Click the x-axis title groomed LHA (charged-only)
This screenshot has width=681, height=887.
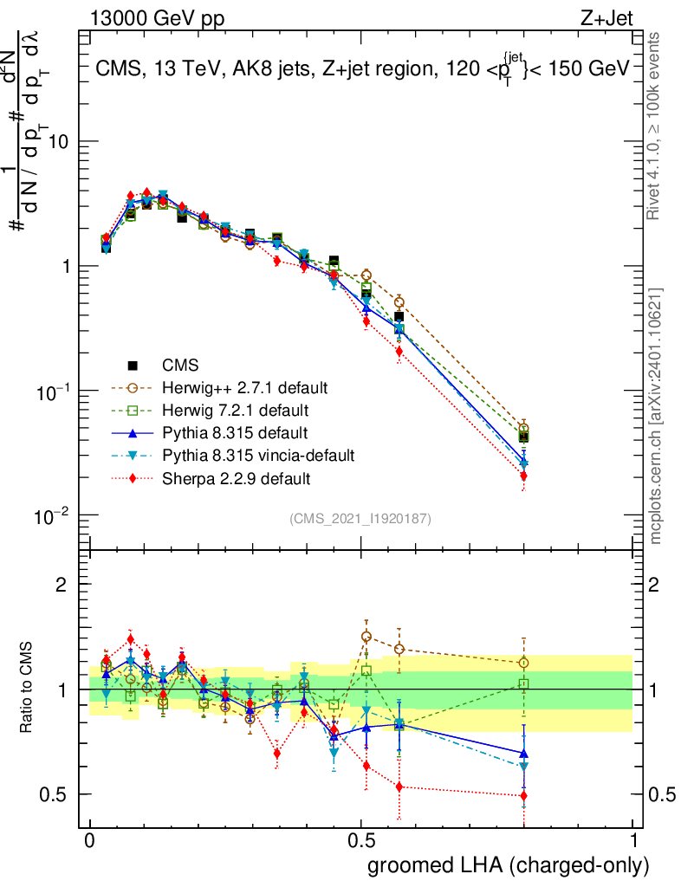click(509, 865)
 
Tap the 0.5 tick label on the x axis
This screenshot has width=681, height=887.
click(361, 841)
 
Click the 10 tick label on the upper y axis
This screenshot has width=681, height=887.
click(62, 142)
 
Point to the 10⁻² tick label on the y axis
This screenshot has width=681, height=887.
click(54, 517)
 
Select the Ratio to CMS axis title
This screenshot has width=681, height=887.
click(29, 689)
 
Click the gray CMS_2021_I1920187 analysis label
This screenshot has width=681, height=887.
click(360, 518)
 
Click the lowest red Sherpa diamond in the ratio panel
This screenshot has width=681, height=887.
click(523, 795)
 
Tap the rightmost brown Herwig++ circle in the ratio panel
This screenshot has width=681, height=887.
click(523, 664)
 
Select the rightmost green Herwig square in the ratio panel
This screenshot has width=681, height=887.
click(523, 684)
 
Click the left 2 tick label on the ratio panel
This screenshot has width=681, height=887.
click(62, 585)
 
